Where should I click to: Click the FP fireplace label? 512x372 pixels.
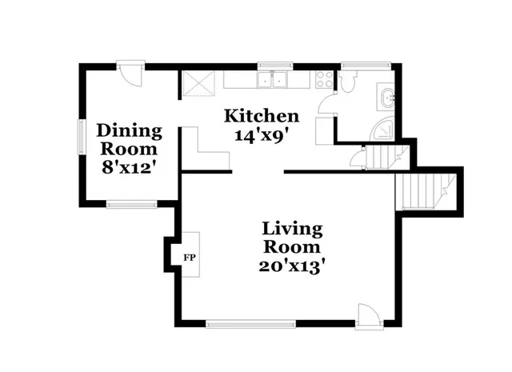pyautogui.click(x=190, y=258)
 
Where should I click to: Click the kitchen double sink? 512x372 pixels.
pyautogui.click(x=274, y=79)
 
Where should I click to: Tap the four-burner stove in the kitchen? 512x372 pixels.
pyautogui.click(x=325, y=79)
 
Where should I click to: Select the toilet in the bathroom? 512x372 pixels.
pyautogui.click(x=350, y=81)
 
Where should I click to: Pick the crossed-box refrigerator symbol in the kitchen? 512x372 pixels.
pyautogui.click(x=195, y=82)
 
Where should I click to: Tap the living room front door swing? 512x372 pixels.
pyautogui.click(x=369, y=314)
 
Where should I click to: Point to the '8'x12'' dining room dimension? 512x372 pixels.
pyautogui.click(x=128, y=167)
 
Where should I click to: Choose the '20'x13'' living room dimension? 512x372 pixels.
pyautogui.click(x=293, y=266)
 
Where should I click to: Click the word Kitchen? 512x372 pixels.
pyautogui.click(x=262, y=116)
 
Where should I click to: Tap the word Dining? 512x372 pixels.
pyautogui.click(x=129, y=130)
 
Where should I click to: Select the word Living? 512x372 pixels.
pyautogui.click(x=293, y=229)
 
